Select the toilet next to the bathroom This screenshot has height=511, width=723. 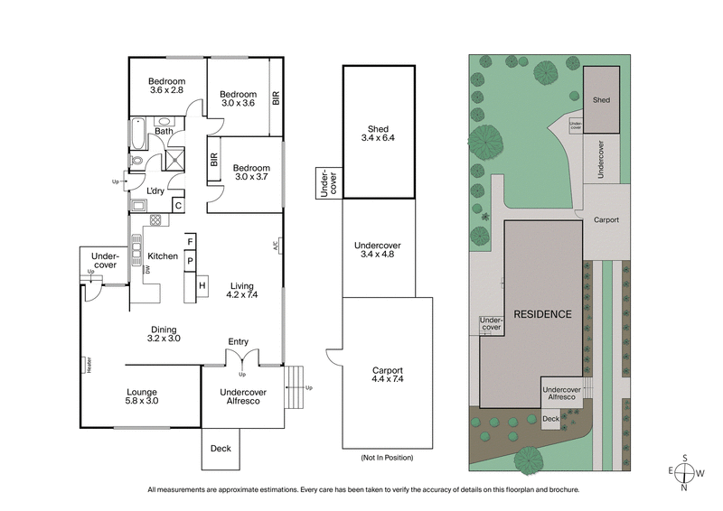pos(136,163)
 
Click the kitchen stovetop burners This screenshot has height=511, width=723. pos(155,218)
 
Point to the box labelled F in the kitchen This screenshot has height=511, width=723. pos(191,241)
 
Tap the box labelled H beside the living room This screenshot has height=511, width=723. pos(202,286)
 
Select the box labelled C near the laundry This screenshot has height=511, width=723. pos(178,205)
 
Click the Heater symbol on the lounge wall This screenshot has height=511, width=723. pos(88,365)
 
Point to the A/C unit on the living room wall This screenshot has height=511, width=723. pos(278,244)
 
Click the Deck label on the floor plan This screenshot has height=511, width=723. pos(221,448)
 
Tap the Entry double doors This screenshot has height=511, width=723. pos(239,359)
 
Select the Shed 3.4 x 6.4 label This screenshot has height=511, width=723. pos(378,133)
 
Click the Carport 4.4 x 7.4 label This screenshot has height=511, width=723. pos(387,375)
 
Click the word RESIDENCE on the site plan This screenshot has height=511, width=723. pos(542,314)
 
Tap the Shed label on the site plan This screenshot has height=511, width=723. pos(601,100)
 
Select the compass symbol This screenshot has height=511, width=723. pos(686,472)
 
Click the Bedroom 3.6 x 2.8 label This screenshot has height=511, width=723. pos(166,85)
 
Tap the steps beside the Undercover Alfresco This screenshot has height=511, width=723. pos(293,387)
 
